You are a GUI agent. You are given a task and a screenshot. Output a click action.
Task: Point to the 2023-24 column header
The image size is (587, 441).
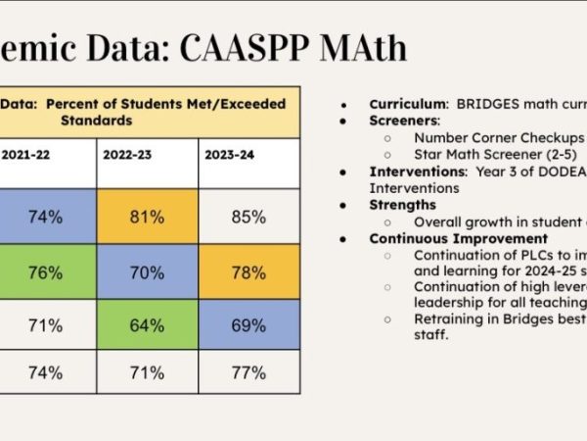233,155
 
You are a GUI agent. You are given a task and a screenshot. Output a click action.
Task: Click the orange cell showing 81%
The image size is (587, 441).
147,217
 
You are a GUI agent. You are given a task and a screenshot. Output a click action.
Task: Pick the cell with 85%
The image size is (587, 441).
248,217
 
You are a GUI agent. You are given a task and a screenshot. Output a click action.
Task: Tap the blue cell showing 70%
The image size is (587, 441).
147,272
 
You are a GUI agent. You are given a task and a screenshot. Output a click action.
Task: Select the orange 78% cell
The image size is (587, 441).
248,272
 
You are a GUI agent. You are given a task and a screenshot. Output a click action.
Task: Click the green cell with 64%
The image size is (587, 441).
147,325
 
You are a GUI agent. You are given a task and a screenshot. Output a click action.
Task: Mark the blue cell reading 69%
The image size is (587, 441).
248,325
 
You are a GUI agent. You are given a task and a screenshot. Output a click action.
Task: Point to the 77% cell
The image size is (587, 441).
248,372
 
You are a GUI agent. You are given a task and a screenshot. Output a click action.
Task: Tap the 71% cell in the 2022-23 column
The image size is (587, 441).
147,372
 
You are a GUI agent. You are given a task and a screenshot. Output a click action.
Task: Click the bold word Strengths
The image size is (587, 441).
402,205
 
